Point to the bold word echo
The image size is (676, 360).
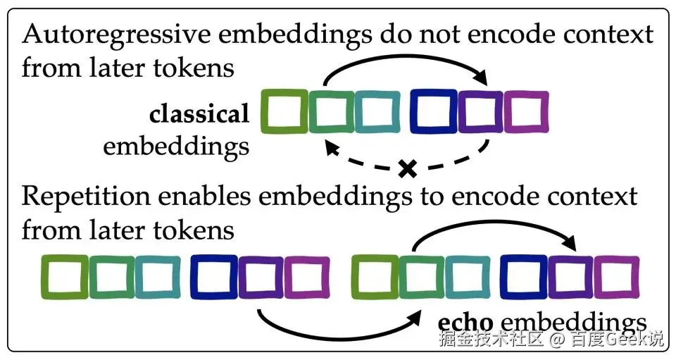coord(461,322)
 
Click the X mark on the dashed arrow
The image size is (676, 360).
coord(406,168)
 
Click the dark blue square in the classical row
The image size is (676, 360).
coord(434,111)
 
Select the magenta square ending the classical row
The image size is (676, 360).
coord(525,111)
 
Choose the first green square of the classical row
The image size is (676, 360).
coord(284,111)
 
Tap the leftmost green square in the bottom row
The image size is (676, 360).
coord(64,275)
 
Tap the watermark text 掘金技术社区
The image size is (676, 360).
coord(491,340)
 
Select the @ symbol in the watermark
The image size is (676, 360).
coord(557,341)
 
